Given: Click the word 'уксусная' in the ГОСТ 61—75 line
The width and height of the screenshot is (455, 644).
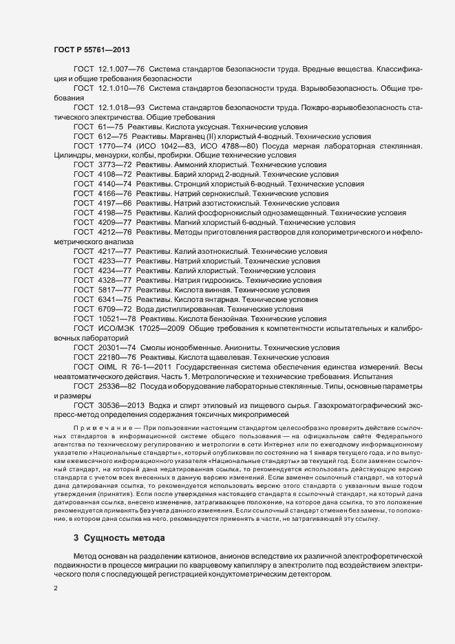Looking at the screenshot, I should [207, 127].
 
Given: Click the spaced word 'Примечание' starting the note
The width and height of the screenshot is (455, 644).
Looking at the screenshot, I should [96, 429].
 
